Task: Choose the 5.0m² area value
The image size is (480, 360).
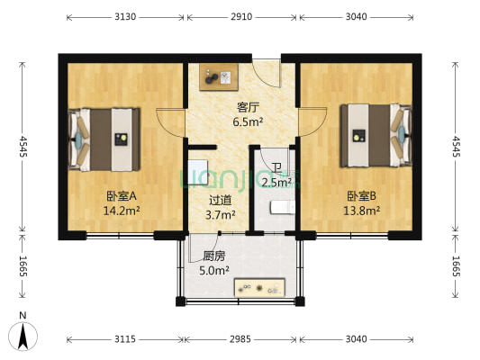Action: pos(214,269)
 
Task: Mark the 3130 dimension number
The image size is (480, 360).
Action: pos(124,17)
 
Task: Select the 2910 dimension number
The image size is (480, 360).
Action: pos(242,17)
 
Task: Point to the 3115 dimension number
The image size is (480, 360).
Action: pos(124,339)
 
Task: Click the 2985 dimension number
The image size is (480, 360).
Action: pos(242,339)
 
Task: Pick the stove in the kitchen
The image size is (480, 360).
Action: pos(260,288)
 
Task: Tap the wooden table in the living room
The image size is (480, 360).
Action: pos(219,77)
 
